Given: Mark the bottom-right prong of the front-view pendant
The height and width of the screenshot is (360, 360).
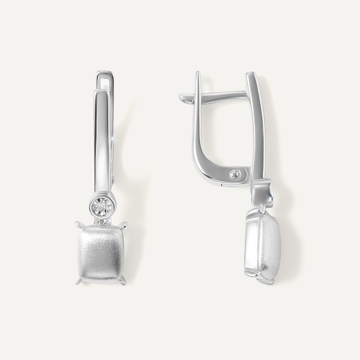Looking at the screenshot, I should click(x=124, y=282).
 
